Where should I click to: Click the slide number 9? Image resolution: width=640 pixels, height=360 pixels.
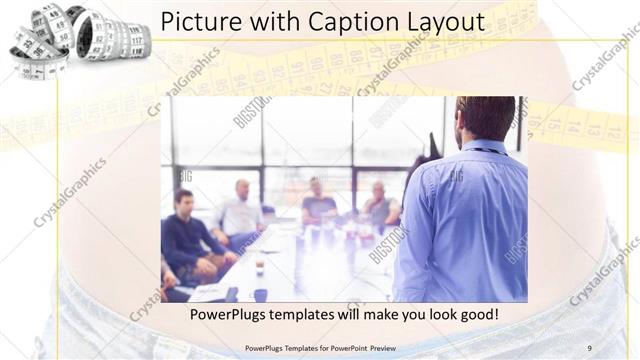(590, 348)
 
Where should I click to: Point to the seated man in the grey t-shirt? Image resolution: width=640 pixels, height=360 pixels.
(318, 205)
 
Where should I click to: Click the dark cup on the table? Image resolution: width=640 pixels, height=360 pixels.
(259, 267)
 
